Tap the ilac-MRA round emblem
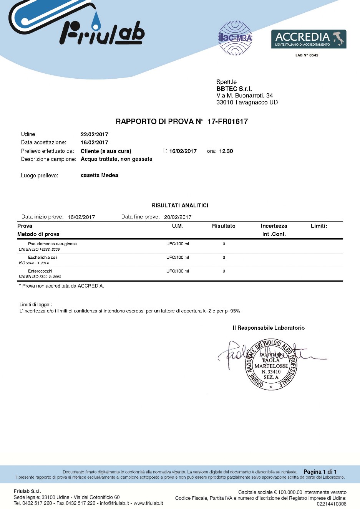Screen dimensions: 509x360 [x=235, y=38]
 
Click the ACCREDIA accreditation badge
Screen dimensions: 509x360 [x=309, y=39]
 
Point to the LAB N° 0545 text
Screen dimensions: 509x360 [x=307, y=55]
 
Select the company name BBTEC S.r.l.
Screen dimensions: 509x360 [x=234, y=89]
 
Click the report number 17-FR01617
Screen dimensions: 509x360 [x=227, y=122]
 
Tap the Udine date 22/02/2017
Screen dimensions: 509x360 [x=94, y=134]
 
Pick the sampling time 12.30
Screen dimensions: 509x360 [x=226, y=151]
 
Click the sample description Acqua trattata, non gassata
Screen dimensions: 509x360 [x=116, y=159]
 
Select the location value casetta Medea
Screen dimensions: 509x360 [x=99, y=175]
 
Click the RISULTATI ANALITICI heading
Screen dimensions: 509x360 [x=180, y=205]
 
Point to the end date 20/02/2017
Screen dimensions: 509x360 [x=178, y=217]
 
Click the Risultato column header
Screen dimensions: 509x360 [x=224, y=226]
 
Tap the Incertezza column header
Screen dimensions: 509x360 [x=274, y=226]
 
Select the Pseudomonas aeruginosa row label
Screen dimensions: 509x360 [x=52, y=244]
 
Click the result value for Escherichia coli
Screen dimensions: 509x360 [x=224, y=258]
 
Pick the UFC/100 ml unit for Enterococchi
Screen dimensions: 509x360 [x=178, y=271]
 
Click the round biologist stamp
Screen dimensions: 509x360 [x=271, y=365]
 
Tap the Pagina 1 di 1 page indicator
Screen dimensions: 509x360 [x=320, y=472]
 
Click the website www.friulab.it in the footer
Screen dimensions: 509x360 [x=148, y=503]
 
